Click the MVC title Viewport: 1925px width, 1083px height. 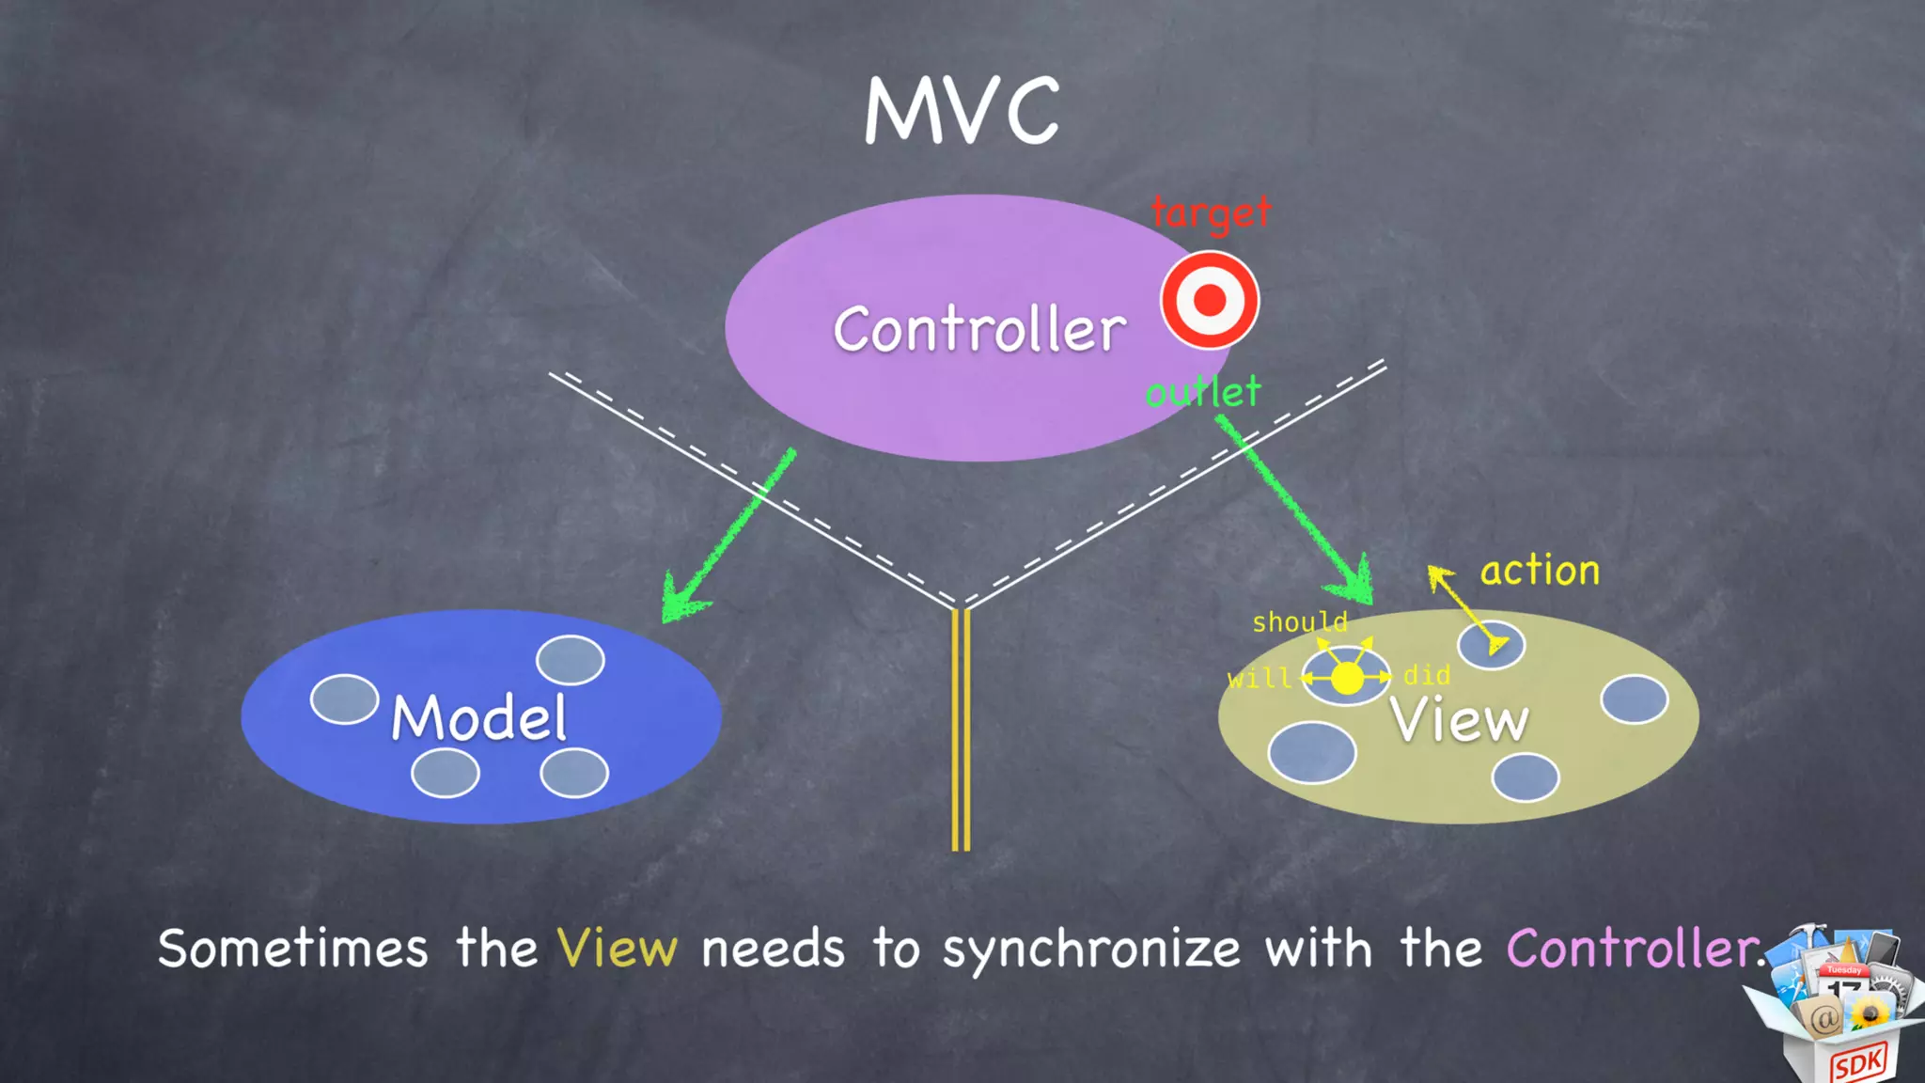pos(962,111)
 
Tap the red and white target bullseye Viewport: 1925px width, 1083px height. pos(1210,300)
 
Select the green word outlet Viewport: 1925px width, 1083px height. pos(1203,391)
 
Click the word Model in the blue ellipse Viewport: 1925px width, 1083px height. pos(479,717)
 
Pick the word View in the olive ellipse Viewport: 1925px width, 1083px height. pos(1460,720)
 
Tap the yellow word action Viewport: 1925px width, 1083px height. pos(1540,570)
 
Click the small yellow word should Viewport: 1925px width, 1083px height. pos(1300,621)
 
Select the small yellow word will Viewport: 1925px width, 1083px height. pos(1259,678)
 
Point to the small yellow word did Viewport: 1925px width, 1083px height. pos(1427,675)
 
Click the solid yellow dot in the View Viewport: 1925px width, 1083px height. pos(1347,678)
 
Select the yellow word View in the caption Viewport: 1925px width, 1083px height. pos(617,948)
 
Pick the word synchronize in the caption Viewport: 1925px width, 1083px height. pos(1091,950)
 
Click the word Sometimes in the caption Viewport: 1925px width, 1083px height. pos(292,948)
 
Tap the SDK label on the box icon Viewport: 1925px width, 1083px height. pos(1857,1063)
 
